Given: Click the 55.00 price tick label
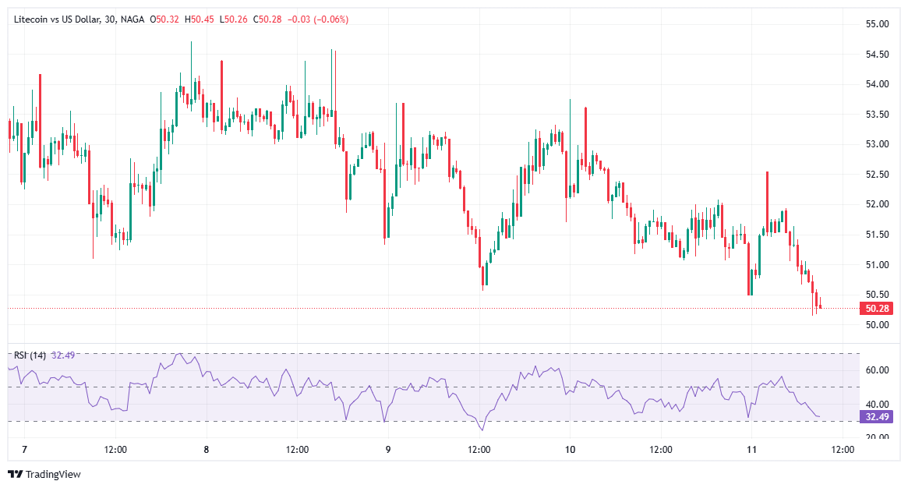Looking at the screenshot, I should (878, 24).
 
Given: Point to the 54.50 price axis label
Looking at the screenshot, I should (878, 55).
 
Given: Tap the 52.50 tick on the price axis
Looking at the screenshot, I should (878, 175).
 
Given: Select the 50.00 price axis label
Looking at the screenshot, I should (878, 325).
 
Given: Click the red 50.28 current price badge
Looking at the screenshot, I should (878, 309).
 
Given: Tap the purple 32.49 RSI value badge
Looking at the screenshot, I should (878, 417).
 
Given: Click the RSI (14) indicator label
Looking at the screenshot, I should (30, 355).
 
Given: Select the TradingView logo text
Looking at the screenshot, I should (53, 474).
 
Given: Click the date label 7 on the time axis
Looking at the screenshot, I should (25, 450).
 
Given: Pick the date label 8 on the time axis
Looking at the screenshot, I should (207, 450).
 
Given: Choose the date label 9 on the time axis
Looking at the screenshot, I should (388, 450).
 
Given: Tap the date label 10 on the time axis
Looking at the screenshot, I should (571, 450).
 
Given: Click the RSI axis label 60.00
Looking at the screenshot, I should (878, 370).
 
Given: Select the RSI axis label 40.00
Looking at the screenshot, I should (878, 404).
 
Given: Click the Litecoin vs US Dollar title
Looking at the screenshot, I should (57, 19).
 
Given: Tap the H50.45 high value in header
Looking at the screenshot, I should (200, 19).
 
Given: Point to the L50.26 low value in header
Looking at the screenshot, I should (233, 19).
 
